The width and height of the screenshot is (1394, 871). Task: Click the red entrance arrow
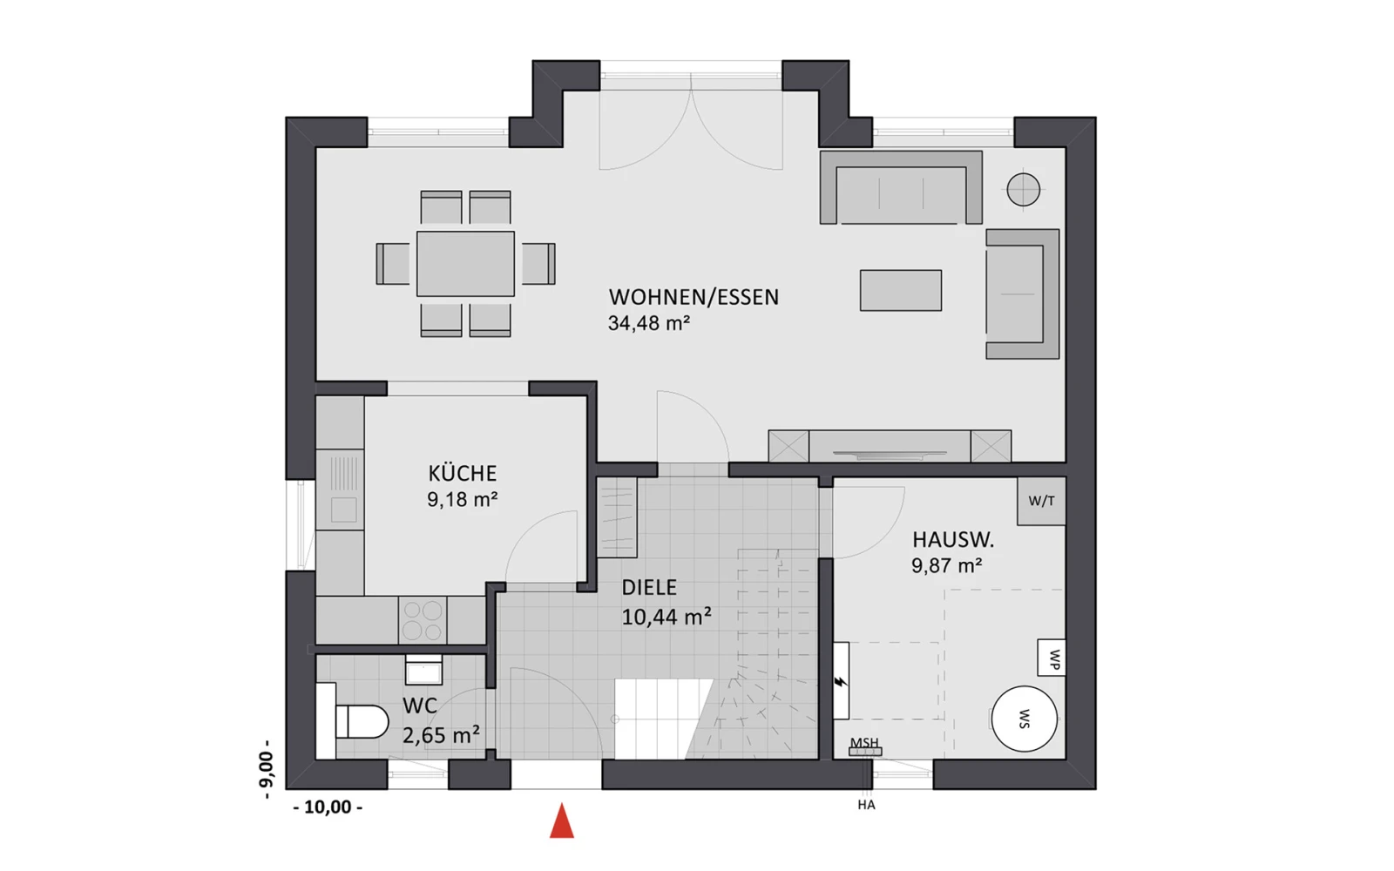pyautogui.click(x=561, y=820)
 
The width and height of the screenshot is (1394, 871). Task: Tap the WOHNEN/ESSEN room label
pyautogui.click(x=694, y=297)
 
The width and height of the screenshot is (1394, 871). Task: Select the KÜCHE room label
pyautogui.click(x=462, y=474)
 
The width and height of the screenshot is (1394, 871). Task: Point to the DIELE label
pyautogui.click(x=649, y=587)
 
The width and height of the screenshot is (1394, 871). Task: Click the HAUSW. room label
pyautogui.click(x=953, y=540)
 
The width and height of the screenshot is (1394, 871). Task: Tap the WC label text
pyautogui.click(x=420, y=706)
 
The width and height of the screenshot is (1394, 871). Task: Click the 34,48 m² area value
pyautogui.click(x=649, y=323)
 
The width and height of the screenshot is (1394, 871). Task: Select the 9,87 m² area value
pyautogui.click(x=946, y=565)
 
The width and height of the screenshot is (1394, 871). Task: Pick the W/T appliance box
pyautogui.click(x=1041, y=502)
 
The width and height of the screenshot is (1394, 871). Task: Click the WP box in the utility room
pyautogui.click(x=1051, y=658)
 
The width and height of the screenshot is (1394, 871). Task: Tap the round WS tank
pyautogui.click(x=1024, y=719)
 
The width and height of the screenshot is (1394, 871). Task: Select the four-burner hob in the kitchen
pyautogui.click(x=423, y=620)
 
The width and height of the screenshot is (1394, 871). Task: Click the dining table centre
pyautogui.click(x=465, y=264)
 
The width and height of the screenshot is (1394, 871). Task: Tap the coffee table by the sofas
pyautogui.click(x=901, y=290)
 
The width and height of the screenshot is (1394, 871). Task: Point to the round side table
pyautogui.click(x=1023, y=188)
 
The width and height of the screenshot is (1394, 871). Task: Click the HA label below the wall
pyautogui.click(x=866, y=805)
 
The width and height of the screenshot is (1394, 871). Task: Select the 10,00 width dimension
pyautogui.click(x=328, y=807)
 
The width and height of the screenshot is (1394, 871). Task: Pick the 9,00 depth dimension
pyautogui.click(x=266, y=770)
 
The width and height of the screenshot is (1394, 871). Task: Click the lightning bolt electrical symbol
pyautogui.click(x=841, y=682)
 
